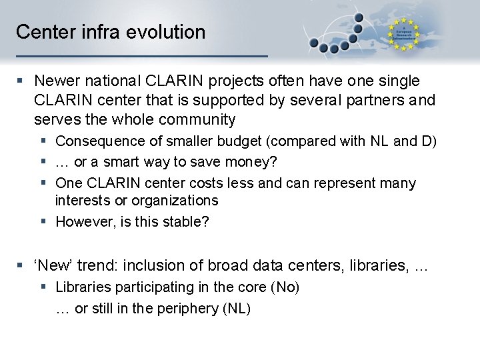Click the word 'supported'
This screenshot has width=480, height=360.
231,100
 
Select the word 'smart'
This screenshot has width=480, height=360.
123,162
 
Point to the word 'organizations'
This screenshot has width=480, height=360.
175,201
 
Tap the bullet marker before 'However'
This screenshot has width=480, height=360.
43,222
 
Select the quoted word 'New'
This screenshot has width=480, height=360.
51,265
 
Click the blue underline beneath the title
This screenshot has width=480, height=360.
141,55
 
